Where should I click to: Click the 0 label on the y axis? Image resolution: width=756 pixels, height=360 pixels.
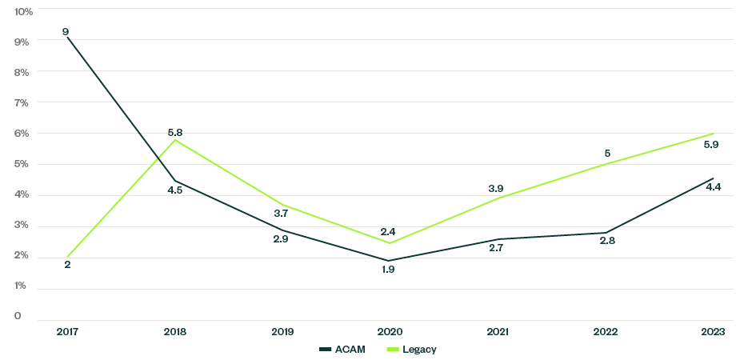point(18,316)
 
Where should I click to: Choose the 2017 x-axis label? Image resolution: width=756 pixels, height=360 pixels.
point(67,331)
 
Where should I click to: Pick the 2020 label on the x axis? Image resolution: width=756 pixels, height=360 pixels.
point(389,331)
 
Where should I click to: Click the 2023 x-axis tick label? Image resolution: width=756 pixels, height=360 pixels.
point(711,331)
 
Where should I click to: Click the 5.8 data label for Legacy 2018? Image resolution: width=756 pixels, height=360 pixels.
point(175,132)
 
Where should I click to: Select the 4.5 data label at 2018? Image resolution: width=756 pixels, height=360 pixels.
point(175,190)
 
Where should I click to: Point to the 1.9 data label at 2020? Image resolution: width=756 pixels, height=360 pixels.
point(389,270)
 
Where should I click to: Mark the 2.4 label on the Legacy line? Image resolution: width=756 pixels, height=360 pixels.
point(389,231)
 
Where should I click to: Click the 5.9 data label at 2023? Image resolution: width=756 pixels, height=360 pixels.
point(711,146)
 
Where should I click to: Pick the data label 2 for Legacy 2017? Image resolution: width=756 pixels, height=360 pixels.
point(67,264)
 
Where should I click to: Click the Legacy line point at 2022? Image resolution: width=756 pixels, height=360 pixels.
point(604,164)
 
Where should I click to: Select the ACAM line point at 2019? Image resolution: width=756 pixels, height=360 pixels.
point(282,230)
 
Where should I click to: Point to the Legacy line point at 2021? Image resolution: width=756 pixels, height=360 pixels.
point(496,198)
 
